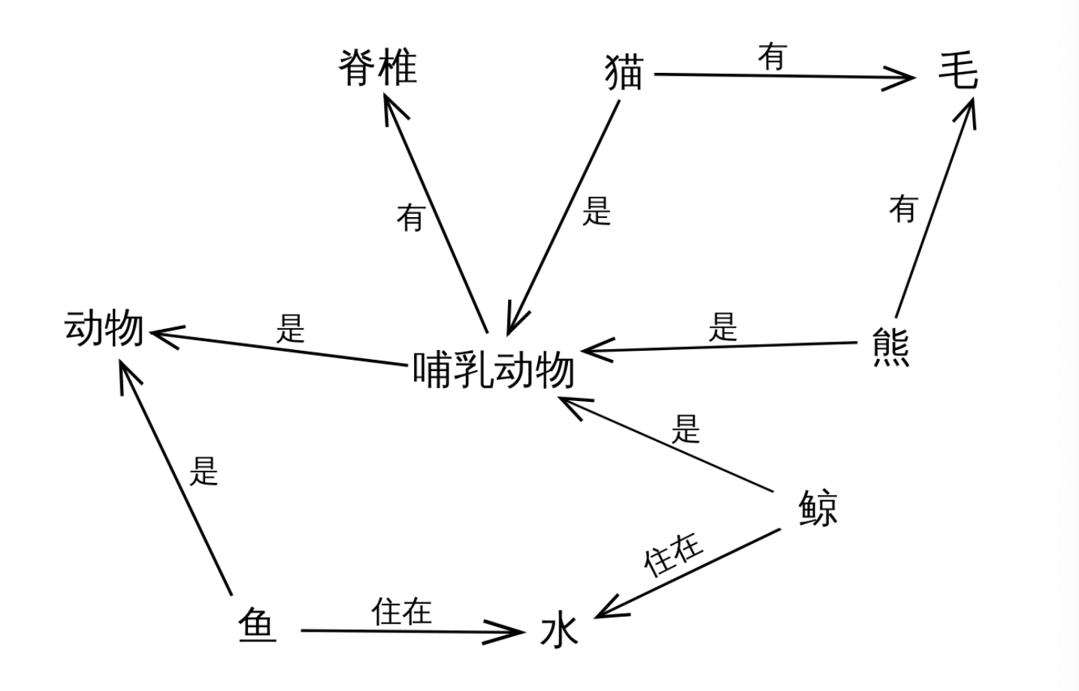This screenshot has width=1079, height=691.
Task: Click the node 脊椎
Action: [377, 68]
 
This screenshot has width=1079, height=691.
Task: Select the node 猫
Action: [624, 74]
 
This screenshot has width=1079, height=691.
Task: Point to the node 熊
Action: [891, 346]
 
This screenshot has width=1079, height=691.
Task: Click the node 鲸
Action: [818, 508]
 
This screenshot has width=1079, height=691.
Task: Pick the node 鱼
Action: [258, 625]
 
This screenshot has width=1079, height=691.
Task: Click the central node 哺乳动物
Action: [494, 370]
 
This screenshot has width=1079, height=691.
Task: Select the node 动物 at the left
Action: [104, 328]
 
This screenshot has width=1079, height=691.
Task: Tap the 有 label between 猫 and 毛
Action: [772, 56]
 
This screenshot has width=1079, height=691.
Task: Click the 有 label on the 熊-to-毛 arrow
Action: [904, 208]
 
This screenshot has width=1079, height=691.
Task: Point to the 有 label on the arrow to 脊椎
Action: [410, 218]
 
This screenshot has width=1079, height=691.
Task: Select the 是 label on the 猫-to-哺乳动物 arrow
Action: [597, 211]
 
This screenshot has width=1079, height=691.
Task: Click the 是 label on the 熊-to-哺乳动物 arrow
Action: [723, 327]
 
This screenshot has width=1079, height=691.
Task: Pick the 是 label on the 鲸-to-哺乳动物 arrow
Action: [685, 430]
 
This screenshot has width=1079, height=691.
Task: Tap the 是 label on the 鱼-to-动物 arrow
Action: [203, 471]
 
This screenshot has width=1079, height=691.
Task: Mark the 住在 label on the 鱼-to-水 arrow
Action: [402, 611]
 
